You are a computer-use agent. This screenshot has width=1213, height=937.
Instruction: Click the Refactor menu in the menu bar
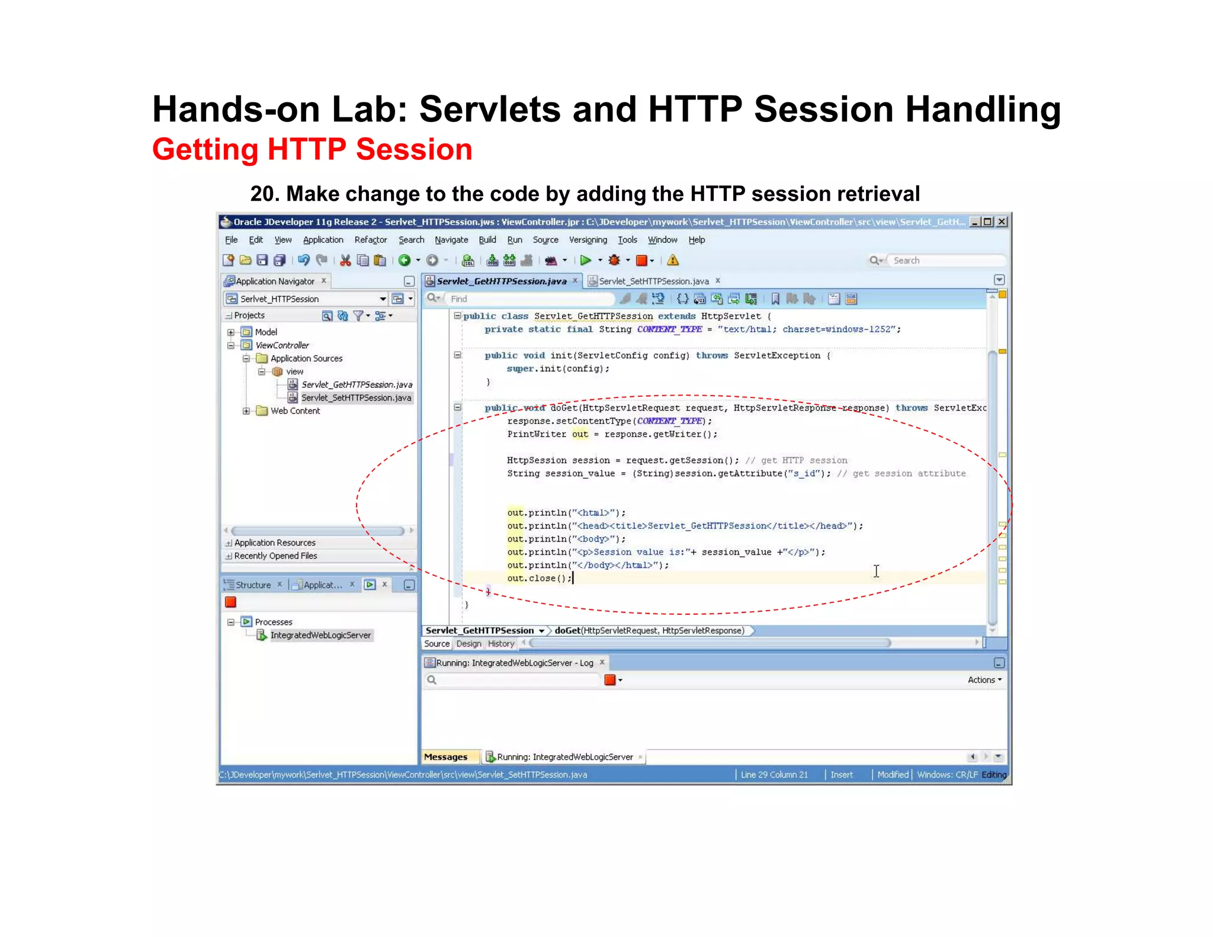click(x=370, y=240)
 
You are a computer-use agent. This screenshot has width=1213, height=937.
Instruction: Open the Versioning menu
click(x=588, y=240)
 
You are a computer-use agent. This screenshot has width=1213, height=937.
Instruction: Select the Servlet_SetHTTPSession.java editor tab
click(x=653, y=281)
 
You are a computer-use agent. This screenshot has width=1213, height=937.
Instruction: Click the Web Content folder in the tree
click(x=295, y=411)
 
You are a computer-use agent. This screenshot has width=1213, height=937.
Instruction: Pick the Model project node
click(x=266, y=332)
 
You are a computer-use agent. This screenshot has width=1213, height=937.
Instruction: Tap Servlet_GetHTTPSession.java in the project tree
click(x=357, y=385)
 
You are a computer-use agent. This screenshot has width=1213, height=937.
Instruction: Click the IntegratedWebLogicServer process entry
click(x=320, y=636)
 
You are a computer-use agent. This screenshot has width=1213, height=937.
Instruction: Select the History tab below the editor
click(x=501, y=644)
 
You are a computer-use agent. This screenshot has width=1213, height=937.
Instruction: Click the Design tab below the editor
click(x=468, y=644)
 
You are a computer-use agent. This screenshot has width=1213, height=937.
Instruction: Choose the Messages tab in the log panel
click(x=445, y=757)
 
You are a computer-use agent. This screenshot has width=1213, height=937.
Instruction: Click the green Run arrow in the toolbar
click(x=585, y=260)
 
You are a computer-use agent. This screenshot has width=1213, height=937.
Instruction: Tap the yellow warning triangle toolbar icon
click(x=673, y=260)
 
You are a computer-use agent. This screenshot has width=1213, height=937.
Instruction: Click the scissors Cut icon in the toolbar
click(x=345, y=260)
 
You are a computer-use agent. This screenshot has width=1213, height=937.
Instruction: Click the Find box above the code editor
click(x=527, y=299)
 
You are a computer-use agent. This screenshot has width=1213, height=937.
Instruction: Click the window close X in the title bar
click(x=1002, y=222)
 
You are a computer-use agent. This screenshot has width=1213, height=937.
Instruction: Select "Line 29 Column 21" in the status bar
click(x=774, y=775)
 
